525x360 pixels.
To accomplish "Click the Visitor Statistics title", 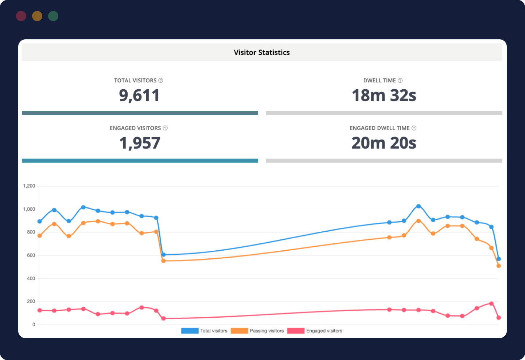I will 262,52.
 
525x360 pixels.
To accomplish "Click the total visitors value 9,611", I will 139,95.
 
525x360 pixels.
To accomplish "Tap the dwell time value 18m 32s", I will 384,95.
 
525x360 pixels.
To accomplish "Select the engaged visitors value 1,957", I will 140,143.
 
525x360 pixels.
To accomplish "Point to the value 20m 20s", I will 384,143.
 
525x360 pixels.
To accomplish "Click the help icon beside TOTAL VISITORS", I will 161,81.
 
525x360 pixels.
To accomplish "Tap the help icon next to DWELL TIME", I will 400,81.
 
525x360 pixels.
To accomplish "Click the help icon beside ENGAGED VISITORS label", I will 165,128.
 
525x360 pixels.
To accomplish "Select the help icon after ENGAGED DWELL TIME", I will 414,128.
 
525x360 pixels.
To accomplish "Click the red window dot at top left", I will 21,16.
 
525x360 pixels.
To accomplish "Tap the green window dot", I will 53,16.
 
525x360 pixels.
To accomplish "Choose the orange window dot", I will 37,16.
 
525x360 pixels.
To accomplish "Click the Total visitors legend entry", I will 204,331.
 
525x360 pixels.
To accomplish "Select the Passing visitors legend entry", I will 257,331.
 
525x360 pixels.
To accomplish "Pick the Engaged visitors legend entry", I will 315,331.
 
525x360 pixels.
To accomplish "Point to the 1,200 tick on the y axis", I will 29,186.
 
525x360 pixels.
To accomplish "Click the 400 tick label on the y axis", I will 31,278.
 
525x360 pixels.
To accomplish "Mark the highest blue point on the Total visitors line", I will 419,206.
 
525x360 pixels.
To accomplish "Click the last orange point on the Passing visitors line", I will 499,266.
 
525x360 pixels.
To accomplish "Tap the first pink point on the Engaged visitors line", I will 40,310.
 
